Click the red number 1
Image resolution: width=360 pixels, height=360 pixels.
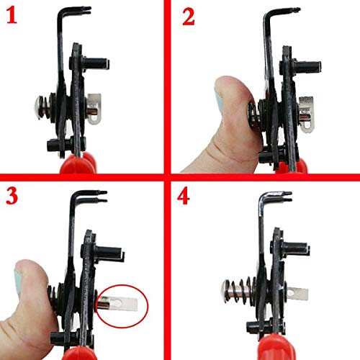point(12,16)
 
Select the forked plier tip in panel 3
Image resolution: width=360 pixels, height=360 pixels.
point(96,194)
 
